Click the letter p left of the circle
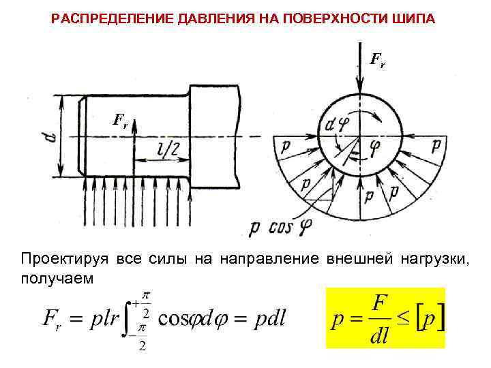point(282,144)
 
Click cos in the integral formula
point(172,318)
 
